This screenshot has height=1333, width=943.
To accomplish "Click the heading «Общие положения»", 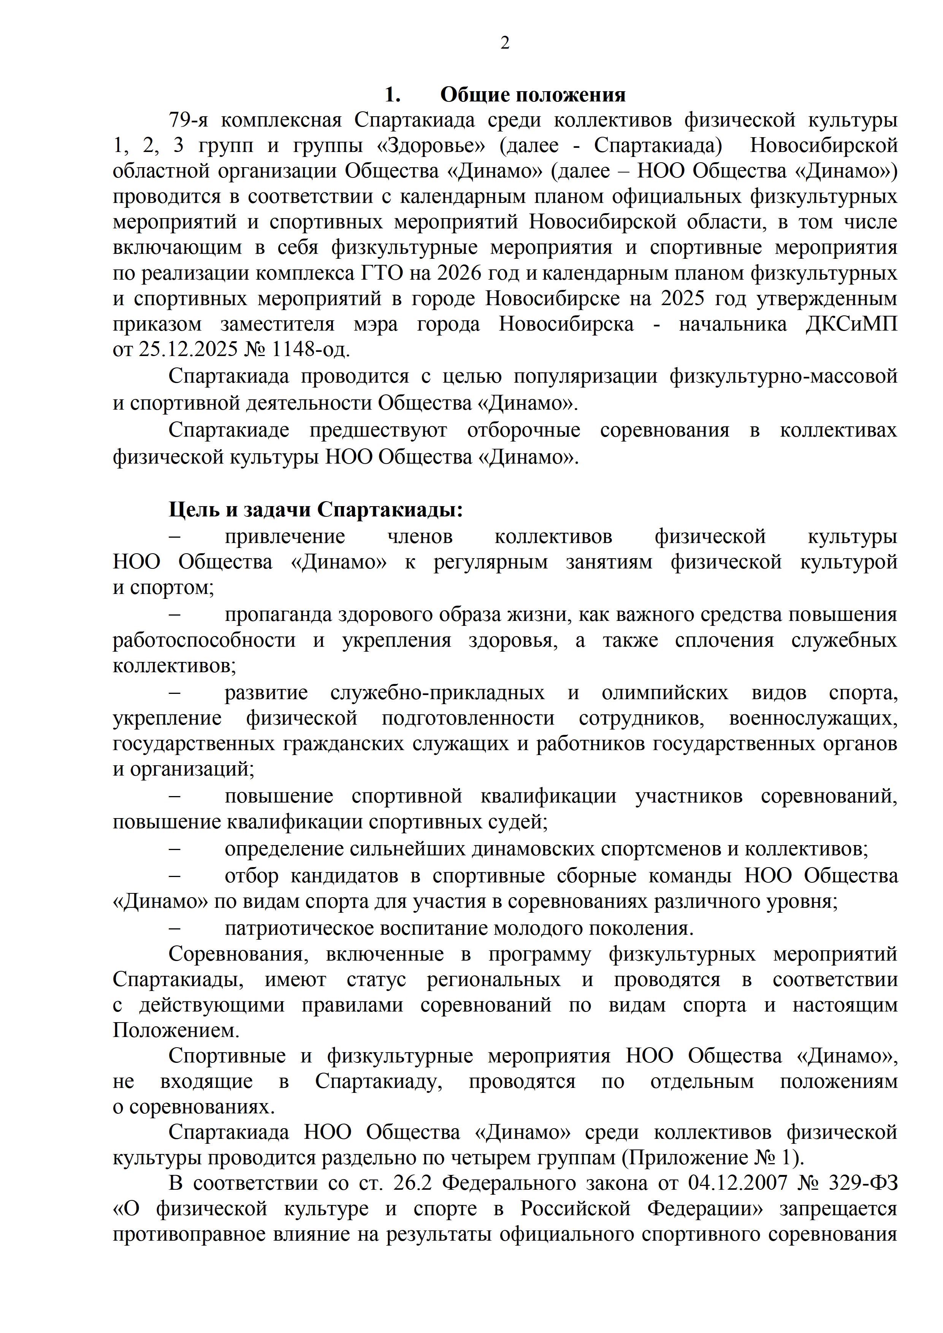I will pyautogui.click(x=533, y=95).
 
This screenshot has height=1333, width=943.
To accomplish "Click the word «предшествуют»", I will pyautogui.click(x=378, y=430).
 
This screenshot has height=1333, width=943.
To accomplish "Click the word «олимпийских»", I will pyautogui.click(x=664, y=693).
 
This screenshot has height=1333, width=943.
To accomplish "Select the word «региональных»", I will pyautogui.click(x=494, y=980).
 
